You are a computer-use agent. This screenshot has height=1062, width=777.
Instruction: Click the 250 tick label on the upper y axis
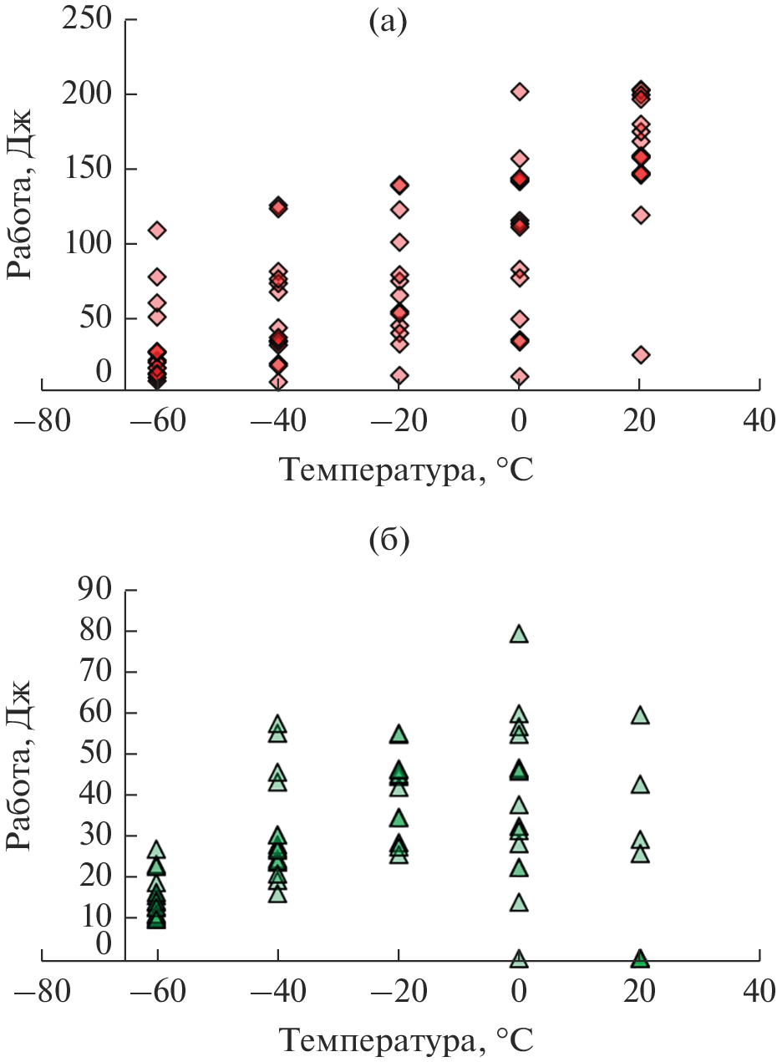pyautogui.click(x=86, y=18)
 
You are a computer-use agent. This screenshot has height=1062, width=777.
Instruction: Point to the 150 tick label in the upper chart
pyautogui.click(x=86, y=169)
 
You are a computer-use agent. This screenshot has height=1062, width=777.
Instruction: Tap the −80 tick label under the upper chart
pyautogui.click(x=42, y=420)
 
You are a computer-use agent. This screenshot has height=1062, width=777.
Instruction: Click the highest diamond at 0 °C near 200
pyautogui.click(x=519, y=91)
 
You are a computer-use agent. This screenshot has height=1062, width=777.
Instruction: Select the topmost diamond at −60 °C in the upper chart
pyautogui.click(x=157, y=230)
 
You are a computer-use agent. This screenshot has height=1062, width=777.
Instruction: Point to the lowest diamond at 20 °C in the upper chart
pyautogui.click(x=641, y=354)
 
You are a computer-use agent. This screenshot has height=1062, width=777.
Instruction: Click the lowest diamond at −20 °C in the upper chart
pyautogui.click(x=399, y=375)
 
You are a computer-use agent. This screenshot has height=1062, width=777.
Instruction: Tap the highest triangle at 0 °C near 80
pyautogui.click(x=519, y=634)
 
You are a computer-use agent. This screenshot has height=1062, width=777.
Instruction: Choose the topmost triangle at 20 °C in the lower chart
pyautogui.click(x=640, y=715)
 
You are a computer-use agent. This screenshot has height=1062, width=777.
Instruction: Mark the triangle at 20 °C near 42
pyautogui.click(x=640, y=785)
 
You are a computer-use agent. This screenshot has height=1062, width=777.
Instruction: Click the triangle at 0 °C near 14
pyautogui.click(x=519, y=902)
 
